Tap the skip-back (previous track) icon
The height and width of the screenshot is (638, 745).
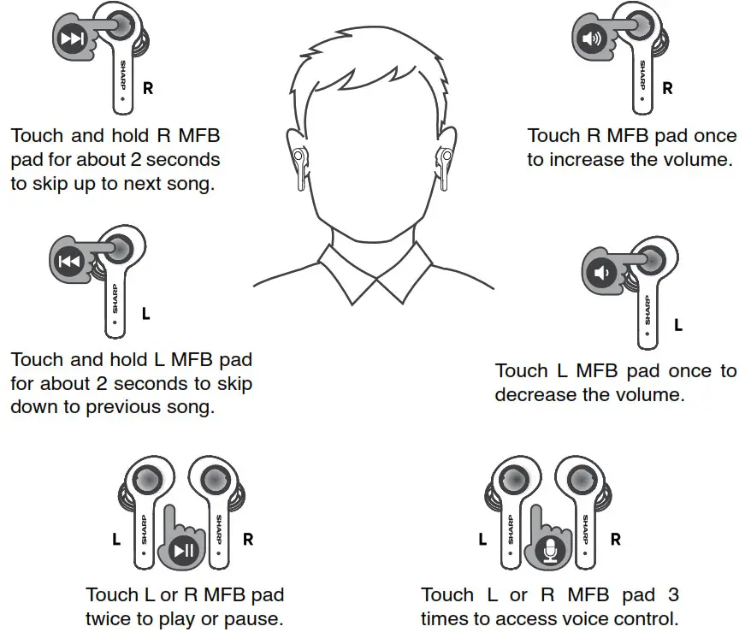(69, 262)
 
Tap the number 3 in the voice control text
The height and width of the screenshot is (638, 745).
(671, 594)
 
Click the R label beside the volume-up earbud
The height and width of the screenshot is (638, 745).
(668, 88)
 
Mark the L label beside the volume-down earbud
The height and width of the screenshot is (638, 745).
(678, 325)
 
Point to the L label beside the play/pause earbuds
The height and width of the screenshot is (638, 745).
(116, 540)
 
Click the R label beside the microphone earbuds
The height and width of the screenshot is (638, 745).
(615, 540)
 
